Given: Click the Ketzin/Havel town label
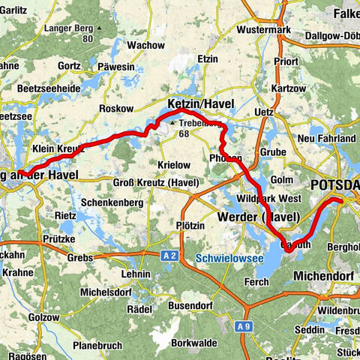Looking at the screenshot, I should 200,103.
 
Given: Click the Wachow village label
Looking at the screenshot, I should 145,45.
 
